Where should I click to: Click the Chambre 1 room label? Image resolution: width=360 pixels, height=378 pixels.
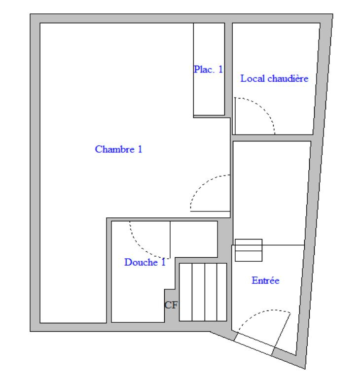tap(118, 149)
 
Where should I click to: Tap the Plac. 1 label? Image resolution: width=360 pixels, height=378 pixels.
tap(208, 70)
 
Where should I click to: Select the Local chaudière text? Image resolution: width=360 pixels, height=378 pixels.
tap(274, 78)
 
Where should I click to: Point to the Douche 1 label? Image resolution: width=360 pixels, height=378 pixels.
tap(144, 263)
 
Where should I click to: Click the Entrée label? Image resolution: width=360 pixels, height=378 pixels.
tap(265, 281)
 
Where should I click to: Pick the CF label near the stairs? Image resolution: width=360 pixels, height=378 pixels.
tap(171, 306)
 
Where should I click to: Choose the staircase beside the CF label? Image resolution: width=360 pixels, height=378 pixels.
tap(202, 292)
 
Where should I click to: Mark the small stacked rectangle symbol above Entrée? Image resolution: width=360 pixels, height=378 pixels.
tap(248, 250)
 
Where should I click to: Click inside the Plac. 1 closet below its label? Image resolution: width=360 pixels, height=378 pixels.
tap(209, 96)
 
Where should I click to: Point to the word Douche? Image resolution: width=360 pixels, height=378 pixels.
tap(140, 263)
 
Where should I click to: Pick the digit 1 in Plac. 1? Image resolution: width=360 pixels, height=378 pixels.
tap(220, 70)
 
